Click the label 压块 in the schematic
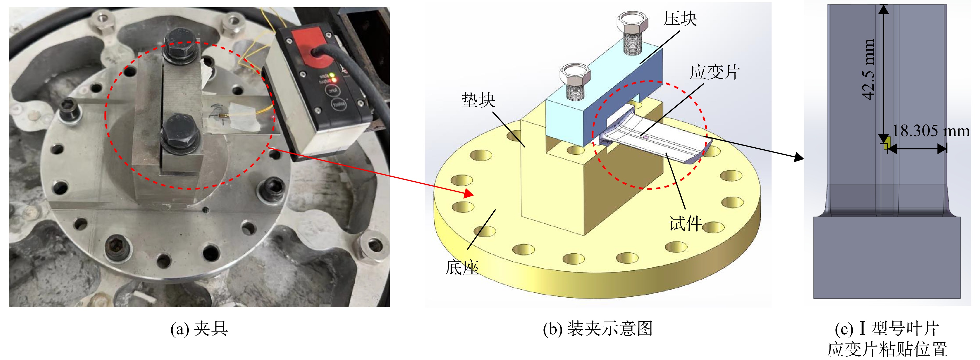point(680,19)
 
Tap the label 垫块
point(478,100)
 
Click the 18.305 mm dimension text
point(930,131)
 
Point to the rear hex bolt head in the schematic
point(633,22)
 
